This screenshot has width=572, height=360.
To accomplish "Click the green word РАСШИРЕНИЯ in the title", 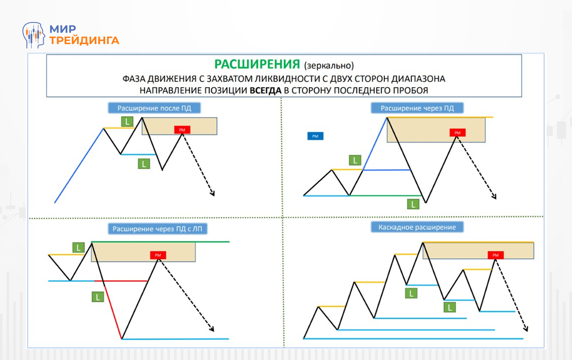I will coord(257,64).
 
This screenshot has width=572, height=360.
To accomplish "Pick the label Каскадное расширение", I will coord(417,228).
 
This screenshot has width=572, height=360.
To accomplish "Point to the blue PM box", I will coord(315,136).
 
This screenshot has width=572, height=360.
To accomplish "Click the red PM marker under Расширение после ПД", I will coord(182,130).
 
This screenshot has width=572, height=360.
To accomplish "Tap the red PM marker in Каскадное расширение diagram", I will coord(496,255).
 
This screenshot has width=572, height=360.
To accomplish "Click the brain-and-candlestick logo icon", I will coord(34,35).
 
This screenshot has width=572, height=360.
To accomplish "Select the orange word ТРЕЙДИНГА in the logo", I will coord(84,40).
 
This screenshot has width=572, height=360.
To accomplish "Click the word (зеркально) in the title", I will coord(328,66).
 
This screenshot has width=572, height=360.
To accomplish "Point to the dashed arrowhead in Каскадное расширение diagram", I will coord(525,329).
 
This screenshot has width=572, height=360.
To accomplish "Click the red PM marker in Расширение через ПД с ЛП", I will coord(158,255).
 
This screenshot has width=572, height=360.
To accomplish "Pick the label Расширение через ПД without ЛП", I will coord(417,108).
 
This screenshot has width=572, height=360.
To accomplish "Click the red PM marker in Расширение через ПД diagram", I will coord(457,132).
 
